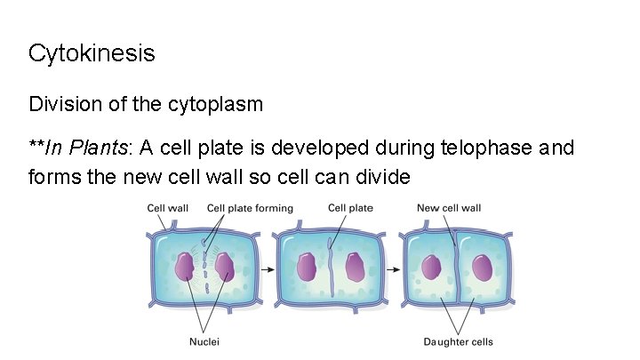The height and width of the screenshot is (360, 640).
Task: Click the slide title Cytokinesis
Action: pyautogui.click(x=92, y=53)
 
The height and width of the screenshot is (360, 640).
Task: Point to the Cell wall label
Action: pyautogui.click(x=167, y=208)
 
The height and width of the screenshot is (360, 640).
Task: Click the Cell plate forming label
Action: pyautogui.click(x=250, y=208)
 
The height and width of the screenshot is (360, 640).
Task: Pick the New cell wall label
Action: pyautogui.click(x=449, y=208)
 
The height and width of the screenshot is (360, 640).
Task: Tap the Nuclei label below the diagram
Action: pyautogui.click(x=204, y=341)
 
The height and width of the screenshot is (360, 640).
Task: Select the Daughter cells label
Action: pyautogui.click(x=458, y=341)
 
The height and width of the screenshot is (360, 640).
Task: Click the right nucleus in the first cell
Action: pyautogui.click(x=224, y=267)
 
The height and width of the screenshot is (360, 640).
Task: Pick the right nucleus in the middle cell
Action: pyautogui.click(x=355, y=267)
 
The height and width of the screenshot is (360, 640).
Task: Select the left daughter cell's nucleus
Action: pyautogui.click(x=432, y=268)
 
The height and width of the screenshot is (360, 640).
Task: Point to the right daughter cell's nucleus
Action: pyautogui.click(x=483, y=268)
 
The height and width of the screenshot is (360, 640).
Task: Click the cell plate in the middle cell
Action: pyautogui.click(x=331, y=267)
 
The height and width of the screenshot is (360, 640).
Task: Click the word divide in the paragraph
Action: pyautogui.click(x=384, y=176)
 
